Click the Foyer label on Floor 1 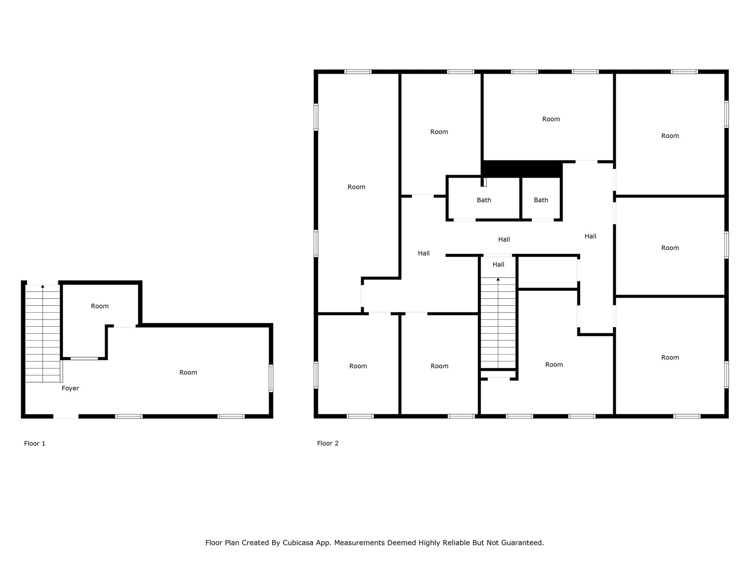(70, 388)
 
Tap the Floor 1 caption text (35, 443)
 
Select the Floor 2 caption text (328, 443)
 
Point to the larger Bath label (484, 200)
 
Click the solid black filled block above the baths (521, 169)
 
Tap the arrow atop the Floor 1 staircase (43, 286)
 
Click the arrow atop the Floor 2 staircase (498, 279)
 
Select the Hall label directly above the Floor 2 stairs (498, 265)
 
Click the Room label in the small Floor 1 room (100, 306)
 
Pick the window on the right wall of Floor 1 (271, 378)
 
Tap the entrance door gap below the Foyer (66, 416)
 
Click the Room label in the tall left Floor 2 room (356, 187)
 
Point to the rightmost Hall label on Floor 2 (590, 236)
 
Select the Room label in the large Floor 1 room (188, 372)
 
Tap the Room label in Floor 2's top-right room (670, 136)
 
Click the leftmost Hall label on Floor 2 (424, 253)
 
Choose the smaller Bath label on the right (541, 200)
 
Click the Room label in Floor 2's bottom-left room (358, 366)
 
